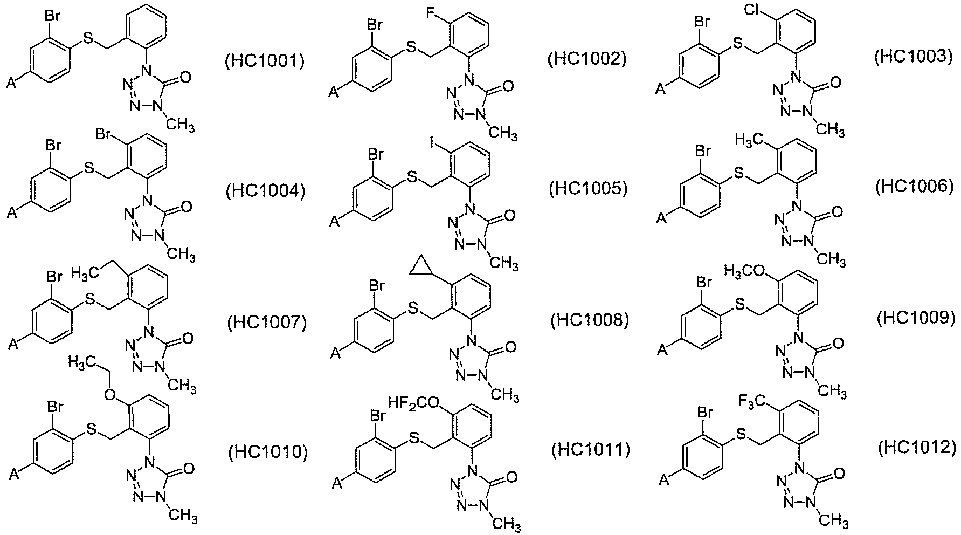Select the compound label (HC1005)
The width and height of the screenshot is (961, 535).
pyautogui.click(x=588, y=189)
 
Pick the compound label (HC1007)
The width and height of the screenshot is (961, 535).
pyautogui.click(x=267, y=323)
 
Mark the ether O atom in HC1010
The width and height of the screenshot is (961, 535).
pyautogui.click(x=110, y=395)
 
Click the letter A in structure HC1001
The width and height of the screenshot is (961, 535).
pyautogui.click(x=11, y=84)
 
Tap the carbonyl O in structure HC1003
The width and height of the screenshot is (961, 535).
pyautogui.click(x=836, y=83)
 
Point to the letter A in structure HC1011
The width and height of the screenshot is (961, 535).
pyautogui.click(x=337, y=482)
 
